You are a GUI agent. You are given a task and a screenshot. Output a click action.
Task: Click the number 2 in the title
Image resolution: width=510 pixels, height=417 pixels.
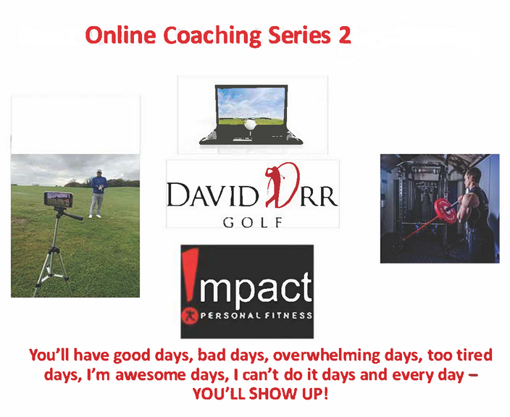click(x=345, y=35)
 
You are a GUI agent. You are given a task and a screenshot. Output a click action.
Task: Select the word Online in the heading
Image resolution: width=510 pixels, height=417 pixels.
click(x=120, y=35)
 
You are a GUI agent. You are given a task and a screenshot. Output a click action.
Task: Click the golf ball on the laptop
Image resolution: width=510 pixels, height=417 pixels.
click(x=250, y=124)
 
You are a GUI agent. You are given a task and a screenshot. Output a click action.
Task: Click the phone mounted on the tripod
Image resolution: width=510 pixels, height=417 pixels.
click(x=58, y=199)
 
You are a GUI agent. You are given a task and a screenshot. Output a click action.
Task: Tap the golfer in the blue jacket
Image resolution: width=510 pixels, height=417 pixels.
click(x=98, y=193)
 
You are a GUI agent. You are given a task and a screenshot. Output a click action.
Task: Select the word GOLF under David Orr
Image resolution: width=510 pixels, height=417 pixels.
click(x=252, y=223)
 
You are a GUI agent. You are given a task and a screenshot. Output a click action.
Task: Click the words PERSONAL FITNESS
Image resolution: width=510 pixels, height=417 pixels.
click(x=256, y=315)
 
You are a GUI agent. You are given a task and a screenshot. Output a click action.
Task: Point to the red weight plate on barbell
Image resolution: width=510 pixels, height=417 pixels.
click(x=446, y=211)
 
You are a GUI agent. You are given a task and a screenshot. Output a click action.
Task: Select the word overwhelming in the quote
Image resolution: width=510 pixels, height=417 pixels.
click(x=326, y=355)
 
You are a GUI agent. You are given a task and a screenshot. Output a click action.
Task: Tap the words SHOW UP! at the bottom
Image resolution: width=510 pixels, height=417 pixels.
click(x=288, y=394)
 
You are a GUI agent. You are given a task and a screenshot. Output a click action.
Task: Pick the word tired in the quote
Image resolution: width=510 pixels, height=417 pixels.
click(x=475, y=355)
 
